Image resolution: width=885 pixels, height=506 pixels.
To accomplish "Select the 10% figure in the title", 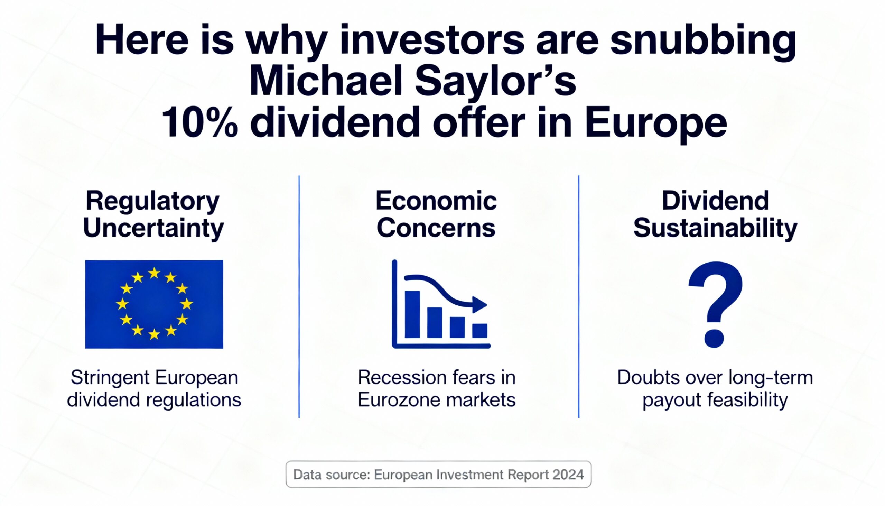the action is [200, 123].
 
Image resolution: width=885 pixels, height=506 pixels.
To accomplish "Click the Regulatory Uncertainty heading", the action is [153, 214].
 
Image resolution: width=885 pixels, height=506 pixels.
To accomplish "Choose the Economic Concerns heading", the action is [436, 214].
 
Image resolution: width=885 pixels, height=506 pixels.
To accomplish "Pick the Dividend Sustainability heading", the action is [715, 214].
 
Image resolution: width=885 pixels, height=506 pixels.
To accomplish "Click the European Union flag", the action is [154, 304].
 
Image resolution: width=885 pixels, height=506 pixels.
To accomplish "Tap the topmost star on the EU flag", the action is [154, 273].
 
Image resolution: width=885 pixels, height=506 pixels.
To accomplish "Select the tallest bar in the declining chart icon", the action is [412, 314].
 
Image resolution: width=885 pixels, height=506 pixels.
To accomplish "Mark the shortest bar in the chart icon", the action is [480, 331].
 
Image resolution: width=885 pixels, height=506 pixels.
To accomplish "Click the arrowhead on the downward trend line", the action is [480, 305].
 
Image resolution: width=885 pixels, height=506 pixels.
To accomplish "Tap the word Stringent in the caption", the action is [110, 378].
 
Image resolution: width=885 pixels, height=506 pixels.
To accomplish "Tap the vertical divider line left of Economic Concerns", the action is [299, 296].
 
